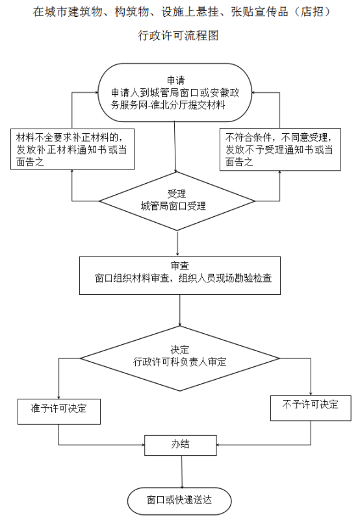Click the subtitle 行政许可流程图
[x=178, y=36]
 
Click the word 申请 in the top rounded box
[x=175, y=81]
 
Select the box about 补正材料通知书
[x=72, y=149]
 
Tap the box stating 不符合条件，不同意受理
[x=280, y=149]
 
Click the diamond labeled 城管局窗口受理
[x=177, y=201]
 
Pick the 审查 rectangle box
[x=179, y=276]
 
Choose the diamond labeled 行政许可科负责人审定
[x=179, y=358]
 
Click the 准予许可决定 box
[x=59, y=412]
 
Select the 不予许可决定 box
[x=311, y=408]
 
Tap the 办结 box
[x=181, y=445]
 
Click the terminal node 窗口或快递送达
[x=179, y=501]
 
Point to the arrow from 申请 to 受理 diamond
[x=175, y=147]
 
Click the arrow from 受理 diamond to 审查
[x=177, y=243]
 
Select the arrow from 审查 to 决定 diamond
[x=180, y=310]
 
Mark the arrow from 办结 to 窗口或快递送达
[x=182, y=471]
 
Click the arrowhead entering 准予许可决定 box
[x=59, y=397]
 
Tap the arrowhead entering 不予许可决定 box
[x=311, y=393]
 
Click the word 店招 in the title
[x=313, y=12]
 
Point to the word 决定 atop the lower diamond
[x=179, y=349]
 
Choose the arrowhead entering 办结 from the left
[x=142, y=445]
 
